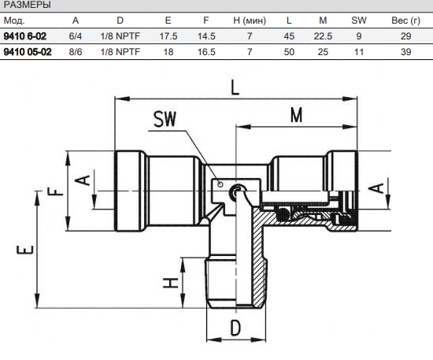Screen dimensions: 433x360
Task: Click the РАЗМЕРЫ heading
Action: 27,5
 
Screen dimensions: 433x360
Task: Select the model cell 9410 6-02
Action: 25,36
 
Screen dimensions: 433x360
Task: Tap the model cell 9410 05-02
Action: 28,52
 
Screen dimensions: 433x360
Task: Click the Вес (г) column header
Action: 405,20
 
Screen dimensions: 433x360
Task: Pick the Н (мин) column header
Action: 250,20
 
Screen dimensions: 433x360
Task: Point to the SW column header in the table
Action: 359,20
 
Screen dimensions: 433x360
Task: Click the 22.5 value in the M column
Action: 323,36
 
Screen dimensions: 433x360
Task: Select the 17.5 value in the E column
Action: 168,36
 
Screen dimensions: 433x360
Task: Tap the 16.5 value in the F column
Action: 206,52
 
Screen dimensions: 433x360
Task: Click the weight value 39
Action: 405,52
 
